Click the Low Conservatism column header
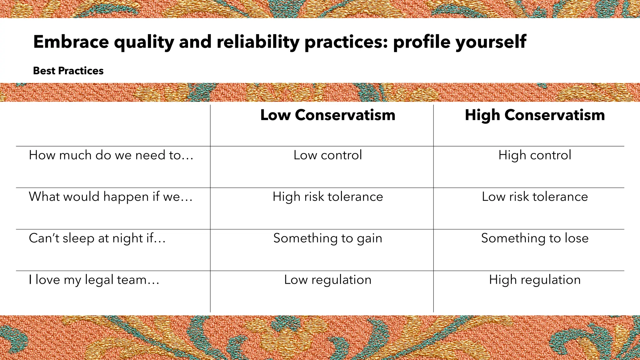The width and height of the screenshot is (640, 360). pyautogui.click(x=327, y=115)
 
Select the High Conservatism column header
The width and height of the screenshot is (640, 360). pyautogui.click(x=535, y=115)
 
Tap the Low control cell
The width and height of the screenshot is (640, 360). pyautogui.click(x=327, y=155)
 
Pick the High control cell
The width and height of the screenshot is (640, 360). pyautogui.click(x=535, y=155)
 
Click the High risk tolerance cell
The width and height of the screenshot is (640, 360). pyautogui.click(x=327, y=197)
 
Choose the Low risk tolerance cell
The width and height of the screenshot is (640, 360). pyautogui.click(x=535, y=197)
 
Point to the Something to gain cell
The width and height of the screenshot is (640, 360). pyautogui.click(x=327, y=238)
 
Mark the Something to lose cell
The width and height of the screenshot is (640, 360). pyautogui.click(x=535, y=238)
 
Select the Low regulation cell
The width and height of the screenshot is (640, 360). pyautogui.click(x=327, y=280)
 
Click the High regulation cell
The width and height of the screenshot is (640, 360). pyautogui.click(x=535, y=280)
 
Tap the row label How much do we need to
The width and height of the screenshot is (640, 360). pyautogui.click(x=111, y=155)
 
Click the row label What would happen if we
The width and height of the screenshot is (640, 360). pyautogui.click(x=111, y=197)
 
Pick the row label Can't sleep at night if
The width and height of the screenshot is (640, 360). pyautogui.click(x=97, y=238)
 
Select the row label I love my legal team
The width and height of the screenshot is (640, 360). pyautogui.click(x=94, y=280)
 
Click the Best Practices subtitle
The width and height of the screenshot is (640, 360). pyautogui.click(x=68, y=71)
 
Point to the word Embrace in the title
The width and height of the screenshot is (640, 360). pyautogui.click(x=71, y=42)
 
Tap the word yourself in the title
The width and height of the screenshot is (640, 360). pyautogui.click(x=491, y=42)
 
